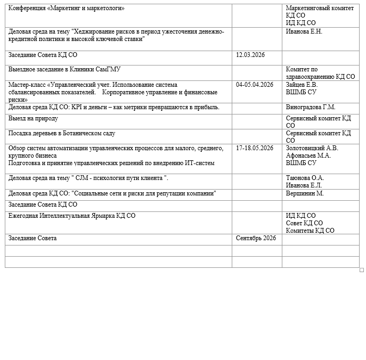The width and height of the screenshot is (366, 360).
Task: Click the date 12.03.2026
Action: point(250,55)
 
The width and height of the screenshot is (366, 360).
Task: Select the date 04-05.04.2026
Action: point(255,84)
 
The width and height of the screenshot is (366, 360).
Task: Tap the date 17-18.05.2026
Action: point(255,148)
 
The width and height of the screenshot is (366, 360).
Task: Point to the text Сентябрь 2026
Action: point(256,238)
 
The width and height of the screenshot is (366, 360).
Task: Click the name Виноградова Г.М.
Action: point(311,107)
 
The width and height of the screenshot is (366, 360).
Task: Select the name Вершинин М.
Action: point(305,193)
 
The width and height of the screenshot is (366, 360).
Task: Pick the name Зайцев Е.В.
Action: point(302,84)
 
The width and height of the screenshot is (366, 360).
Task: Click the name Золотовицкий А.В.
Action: point(312,148)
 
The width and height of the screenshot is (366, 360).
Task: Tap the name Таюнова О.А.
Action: point(305,177)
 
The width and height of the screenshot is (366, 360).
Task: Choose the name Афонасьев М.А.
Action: point(308,156)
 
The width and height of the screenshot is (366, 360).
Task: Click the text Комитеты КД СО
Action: point(310,231)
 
